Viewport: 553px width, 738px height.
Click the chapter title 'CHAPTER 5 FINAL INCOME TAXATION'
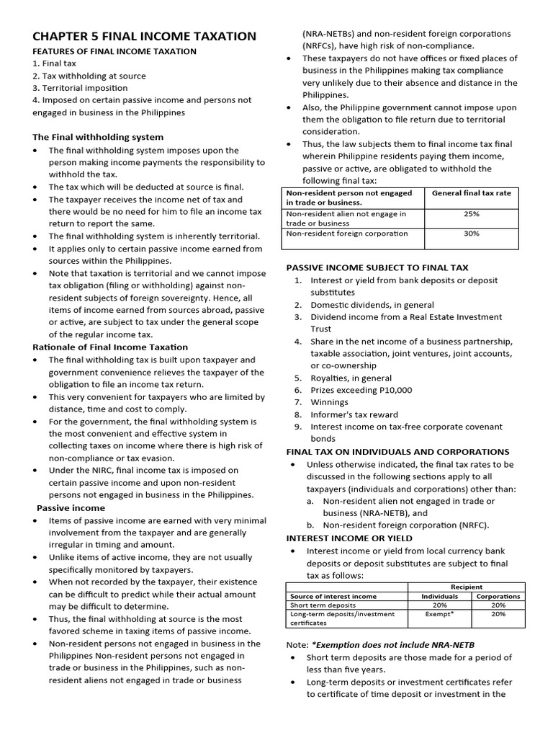pyautogui.click(x=144, y=36)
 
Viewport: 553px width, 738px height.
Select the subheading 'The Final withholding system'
pyautogui.click(x=98, y=137)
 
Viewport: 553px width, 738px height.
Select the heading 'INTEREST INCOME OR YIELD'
pyautogui.click(x=349, y=538)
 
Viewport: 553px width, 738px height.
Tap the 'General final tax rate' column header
pyautogui.click(x=472, y=193)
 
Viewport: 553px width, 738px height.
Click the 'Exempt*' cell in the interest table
pyautogui.click(x=439, y=614)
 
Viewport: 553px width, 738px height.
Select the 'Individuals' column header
pyautogui.click(x=439, y=596)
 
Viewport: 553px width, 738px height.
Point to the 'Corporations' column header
pyautogui.click(x=498, y=596)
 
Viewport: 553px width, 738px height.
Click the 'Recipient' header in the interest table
pyautogui.click(x=467, y=587)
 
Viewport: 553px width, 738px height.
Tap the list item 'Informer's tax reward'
pyautogui.click(x=354, y=414)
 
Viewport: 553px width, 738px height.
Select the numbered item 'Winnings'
pyautogui.click(x=329, y=402)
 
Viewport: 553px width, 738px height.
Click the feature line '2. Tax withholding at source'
pyautogui.click(x=89, y=76)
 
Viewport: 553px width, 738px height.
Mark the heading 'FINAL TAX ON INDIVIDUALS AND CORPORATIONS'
pyautogui.click(x=397, y=451)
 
